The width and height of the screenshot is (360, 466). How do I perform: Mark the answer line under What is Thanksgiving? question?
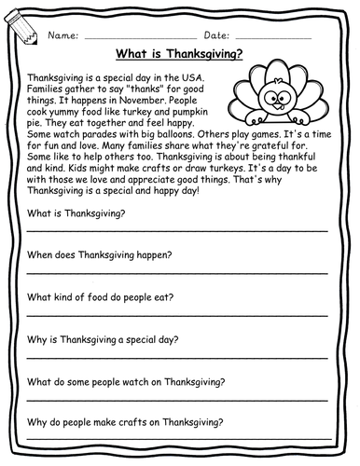tap(177, 228)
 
